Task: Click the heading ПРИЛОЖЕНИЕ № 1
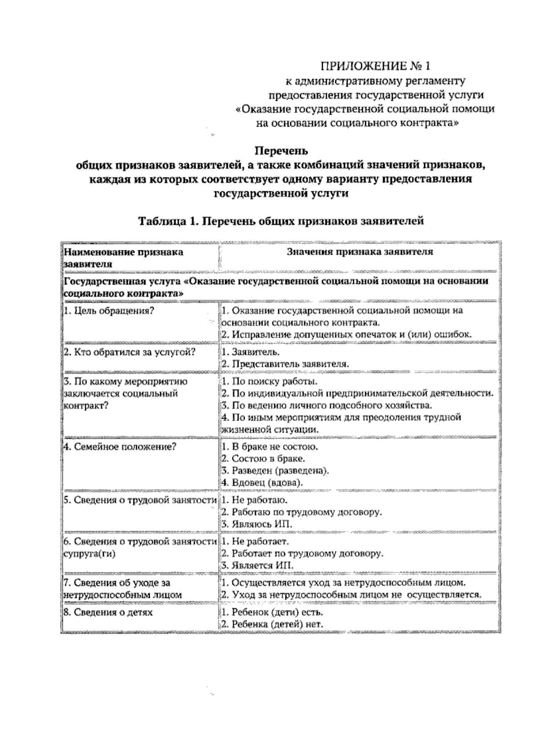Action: click(376, 66)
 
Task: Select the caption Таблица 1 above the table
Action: click(281, 221)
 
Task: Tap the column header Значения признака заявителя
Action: click(359, 252)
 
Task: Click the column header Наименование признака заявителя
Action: click(123, 258)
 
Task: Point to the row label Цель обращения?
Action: click(109, 311)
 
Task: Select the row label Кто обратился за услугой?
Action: click(130, 352)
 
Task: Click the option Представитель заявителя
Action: click(285, 363)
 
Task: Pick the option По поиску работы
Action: click(270, 382)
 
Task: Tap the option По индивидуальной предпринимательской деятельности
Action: click(358, 394)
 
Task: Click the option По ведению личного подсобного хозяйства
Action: click(327, 406)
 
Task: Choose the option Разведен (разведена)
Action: click(275, 470)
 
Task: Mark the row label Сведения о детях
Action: click(108, 612)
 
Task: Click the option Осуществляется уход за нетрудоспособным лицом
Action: click(344, 583)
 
